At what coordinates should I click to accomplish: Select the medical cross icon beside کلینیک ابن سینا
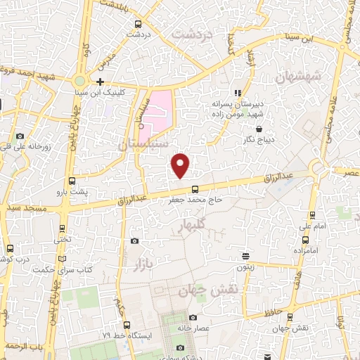point(101,82)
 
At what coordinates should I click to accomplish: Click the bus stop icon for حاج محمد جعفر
point(195,188)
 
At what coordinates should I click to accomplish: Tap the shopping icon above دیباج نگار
point(261,129)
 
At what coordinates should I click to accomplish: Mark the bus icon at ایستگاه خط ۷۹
point(127,325)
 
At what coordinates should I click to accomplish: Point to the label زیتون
point(245,268)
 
